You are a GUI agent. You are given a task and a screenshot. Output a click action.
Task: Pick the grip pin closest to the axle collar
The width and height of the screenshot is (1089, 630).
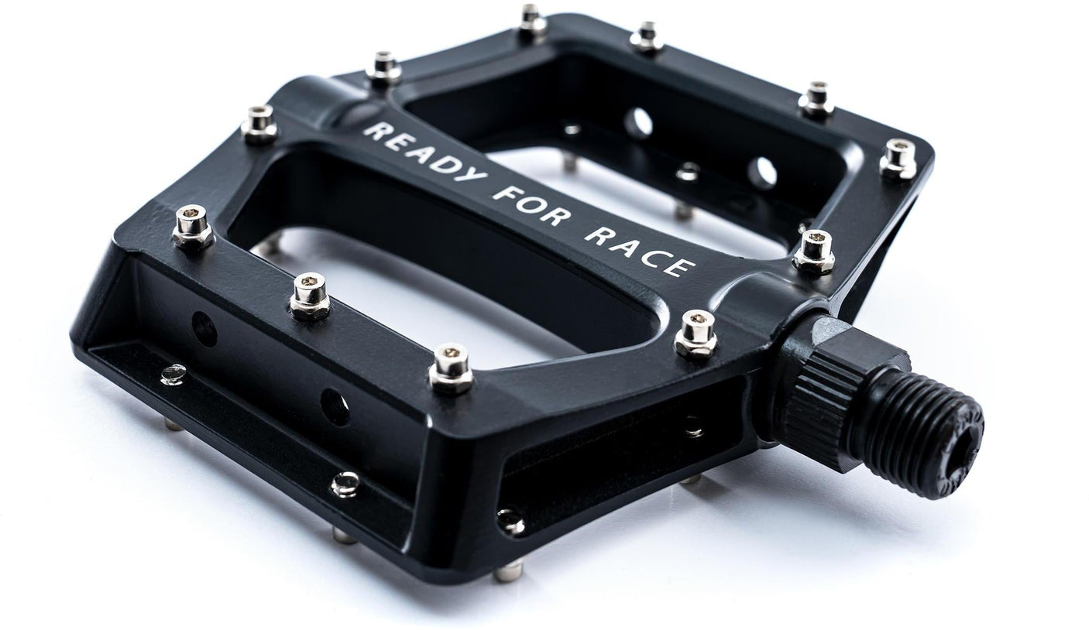click(x=696, y=334)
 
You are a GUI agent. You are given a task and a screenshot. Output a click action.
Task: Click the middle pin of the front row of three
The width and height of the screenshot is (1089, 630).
click(x=311, y=295)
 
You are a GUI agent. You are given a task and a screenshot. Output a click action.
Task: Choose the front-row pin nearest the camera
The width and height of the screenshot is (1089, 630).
click(x=452, y=367)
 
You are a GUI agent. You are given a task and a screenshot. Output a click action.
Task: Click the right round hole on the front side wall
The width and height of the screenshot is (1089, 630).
click(x=334, y=407)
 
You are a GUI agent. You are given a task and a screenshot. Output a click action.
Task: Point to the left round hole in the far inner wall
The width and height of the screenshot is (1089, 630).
click(x=639, y=123)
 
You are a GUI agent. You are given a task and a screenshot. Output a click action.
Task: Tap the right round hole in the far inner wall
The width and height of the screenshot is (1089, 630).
click(x=761, y=173)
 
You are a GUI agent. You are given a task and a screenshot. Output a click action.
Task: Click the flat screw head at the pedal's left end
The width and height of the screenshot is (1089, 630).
click(x=173, y=375)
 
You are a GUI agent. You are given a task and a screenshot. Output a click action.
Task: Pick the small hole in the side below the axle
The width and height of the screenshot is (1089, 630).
click(x=692, y=424)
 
